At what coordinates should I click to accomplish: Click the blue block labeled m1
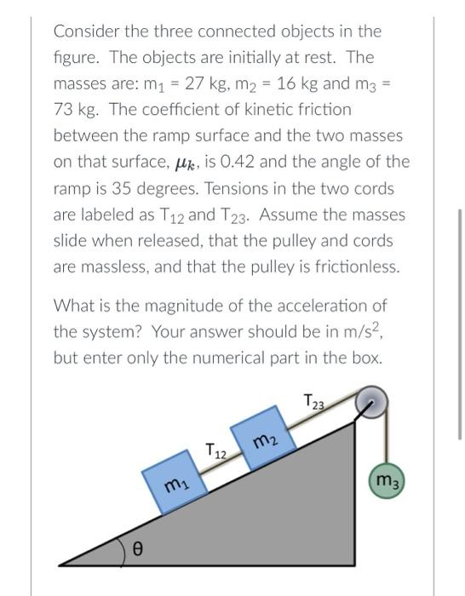[x=177, y=484]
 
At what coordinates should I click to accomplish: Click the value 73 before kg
[x=66, y=110]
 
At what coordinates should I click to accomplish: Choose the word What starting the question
[x=72, y=305]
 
